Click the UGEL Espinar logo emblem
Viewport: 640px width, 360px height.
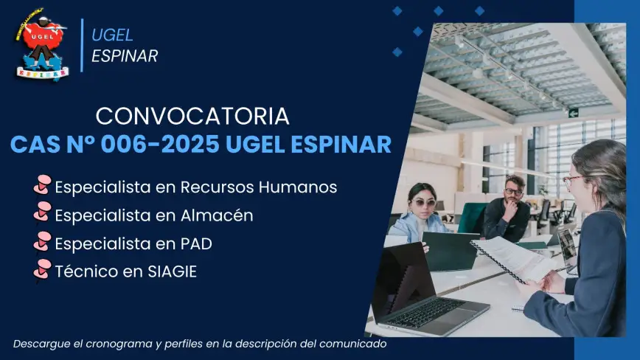41,44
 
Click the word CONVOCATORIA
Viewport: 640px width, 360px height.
192,117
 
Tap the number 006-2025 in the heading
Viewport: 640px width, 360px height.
160,144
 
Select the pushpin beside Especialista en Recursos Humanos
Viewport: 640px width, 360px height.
42,185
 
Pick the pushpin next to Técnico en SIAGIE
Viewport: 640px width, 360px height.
42,270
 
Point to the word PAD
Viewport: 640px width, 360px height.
196,243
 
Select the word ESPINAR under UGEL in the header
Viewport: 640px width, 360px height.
125,56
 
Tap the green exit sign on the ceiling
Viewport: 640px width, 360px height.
574,113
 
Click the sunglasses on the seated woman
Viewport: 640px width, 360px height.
424,202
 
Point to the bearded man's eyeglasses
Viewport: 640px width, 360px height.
513,191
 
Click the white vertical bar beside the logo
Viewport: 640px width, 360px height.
82,45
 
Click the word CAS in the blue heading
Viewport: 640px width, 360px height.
35,144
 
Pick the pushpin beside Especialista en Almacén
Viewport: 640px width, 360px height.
42,212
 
